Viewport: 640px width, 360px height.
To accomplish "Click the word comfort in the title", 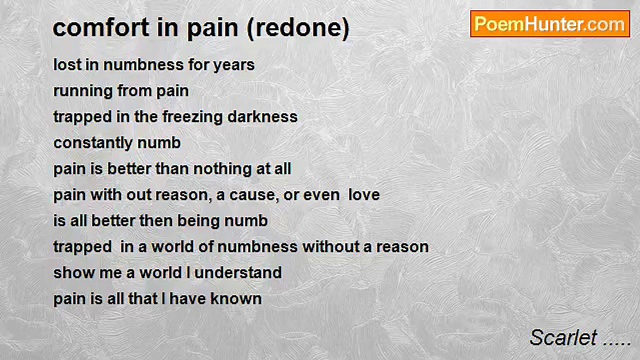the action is tap(101, 27).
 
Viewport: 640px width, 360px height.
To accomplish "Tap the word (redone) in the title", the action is tap(298, 28).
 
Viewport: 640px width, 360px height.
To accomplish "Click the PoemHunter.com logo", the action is tap(550, 24).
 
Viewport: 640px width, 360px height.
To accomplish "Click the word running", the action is tap(83, 91).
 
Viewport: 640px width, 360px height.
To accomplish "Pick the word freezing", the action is tap(192, 117).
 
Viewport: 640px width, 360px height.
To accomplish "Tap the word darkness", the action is tap(262, 117).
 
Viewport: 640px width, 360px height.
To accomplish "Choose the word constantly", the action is tap(93, 143).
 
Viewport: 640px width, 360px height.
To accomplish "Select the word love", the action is tap(364, 195).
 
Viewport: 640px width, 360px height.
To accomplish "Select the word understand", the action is tap(238, 273).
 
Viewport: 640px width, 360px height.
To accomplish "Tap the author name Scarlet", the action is tap(563, 337).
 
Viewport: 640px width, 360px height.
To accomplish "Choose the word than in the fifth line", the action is tap(171, 169).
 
